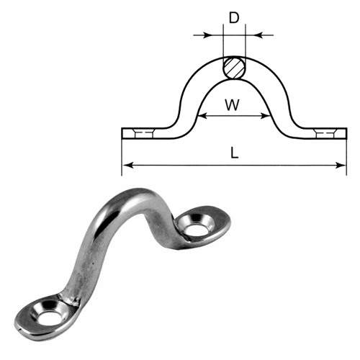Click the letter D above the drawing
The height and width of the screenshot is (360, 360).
click(x=234, y=17)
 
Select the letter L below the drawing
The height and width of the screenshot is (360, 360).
click(x=233, y=153)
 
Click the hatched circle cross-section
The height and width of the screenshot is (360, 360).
click(x=233, y=68)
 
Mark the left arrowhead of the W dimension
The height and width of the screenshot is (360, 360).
click(x=201, y=114)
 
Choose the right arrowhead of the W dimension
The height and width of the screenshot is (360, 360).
click(x=266, y=114)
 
